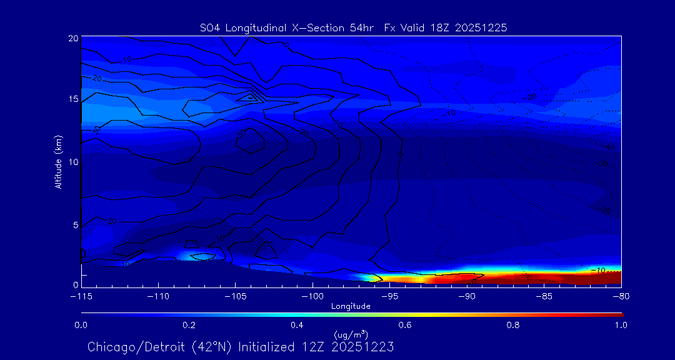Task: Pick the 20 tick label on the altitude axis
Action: (x=73, y=39)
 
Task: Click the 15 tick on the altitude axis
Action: (x=73, y=99)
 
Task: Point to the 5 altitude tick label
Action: (x=75, y=224)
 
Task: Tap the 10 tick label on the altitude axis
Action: (x=73, y=162)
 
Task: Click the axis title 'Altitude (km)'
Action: (x=59, y=162)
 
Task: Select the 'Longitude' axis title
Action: (x=351, y=306)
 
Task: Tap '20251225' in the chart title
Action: (x=484, y=27)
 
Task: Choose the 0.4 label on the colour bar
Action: (x=297, y=325)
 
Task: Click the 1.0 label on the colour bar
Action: (x=621, y=325)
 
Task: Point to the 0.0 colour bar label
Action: (x=81, y=325)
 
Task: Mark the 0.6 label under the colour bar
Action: (x=405, y=325)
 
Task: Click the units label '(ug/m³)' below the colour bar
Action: (x=351, y=335)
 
